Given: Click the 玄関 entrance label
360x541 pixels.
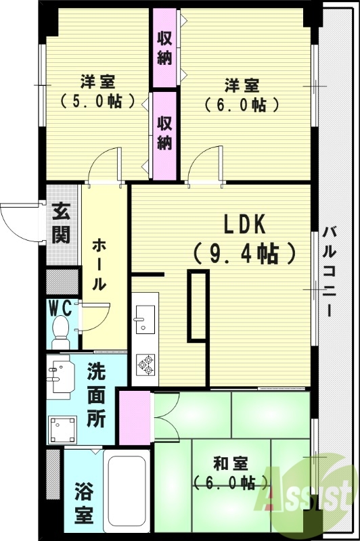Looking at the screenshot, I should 60,224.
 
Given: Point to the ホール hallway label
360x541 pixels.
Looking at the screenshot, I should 98,264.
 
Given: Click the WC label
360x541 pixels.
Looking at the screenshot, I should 60,308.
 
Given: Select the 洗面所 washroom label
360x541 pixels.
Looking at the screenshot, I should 96,396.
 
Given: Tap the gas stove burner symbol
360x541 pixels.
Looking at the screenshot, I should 144,365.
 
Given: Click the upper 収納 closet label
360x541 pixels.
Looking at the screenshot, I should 164,48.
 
